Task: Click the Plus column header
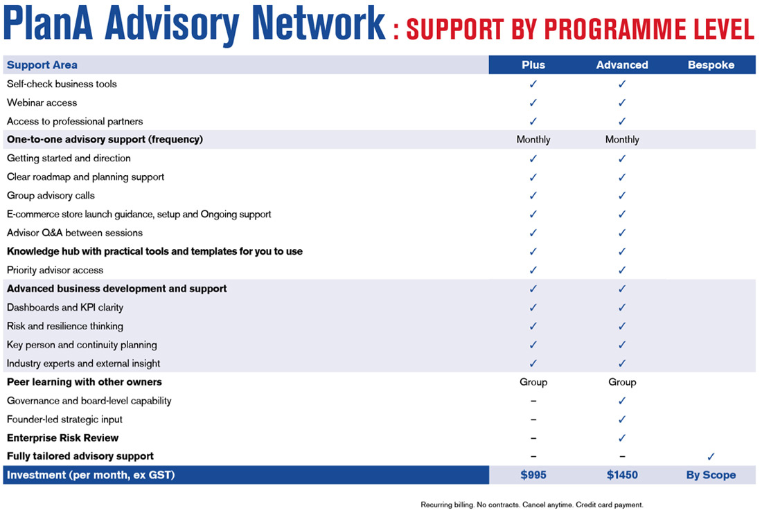coord(533,65)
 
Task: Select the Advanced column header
coord(622,65)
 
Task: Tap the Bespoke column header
coord(711,65)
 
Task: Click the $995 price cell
coord(533,475)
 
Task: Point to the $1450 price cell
coord(622,475)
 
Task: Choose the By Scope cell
coord(711,475)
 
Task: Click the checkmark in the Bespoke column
coord(711,457)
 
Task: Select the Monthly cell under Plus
coord(533,140)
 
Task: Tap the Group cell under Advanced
coord(622,382)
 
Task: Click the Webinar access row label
coord(42,102)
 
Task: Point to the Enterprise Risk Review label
coord(62,438)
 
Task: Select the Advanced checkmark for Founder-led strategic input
coord(622,419)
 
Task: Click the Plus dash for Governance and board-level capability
coord(533,401)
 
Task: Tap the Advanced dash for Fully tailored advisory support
coord(622,457)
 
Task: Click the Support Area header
coord(42,65)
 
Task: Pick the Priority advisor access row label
coord(55,270)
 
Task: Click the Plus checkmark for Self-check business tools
coord(533,84)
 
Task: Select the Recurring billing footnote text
coord(532,505)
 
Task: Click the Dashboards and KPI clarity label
coord(65,307)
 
